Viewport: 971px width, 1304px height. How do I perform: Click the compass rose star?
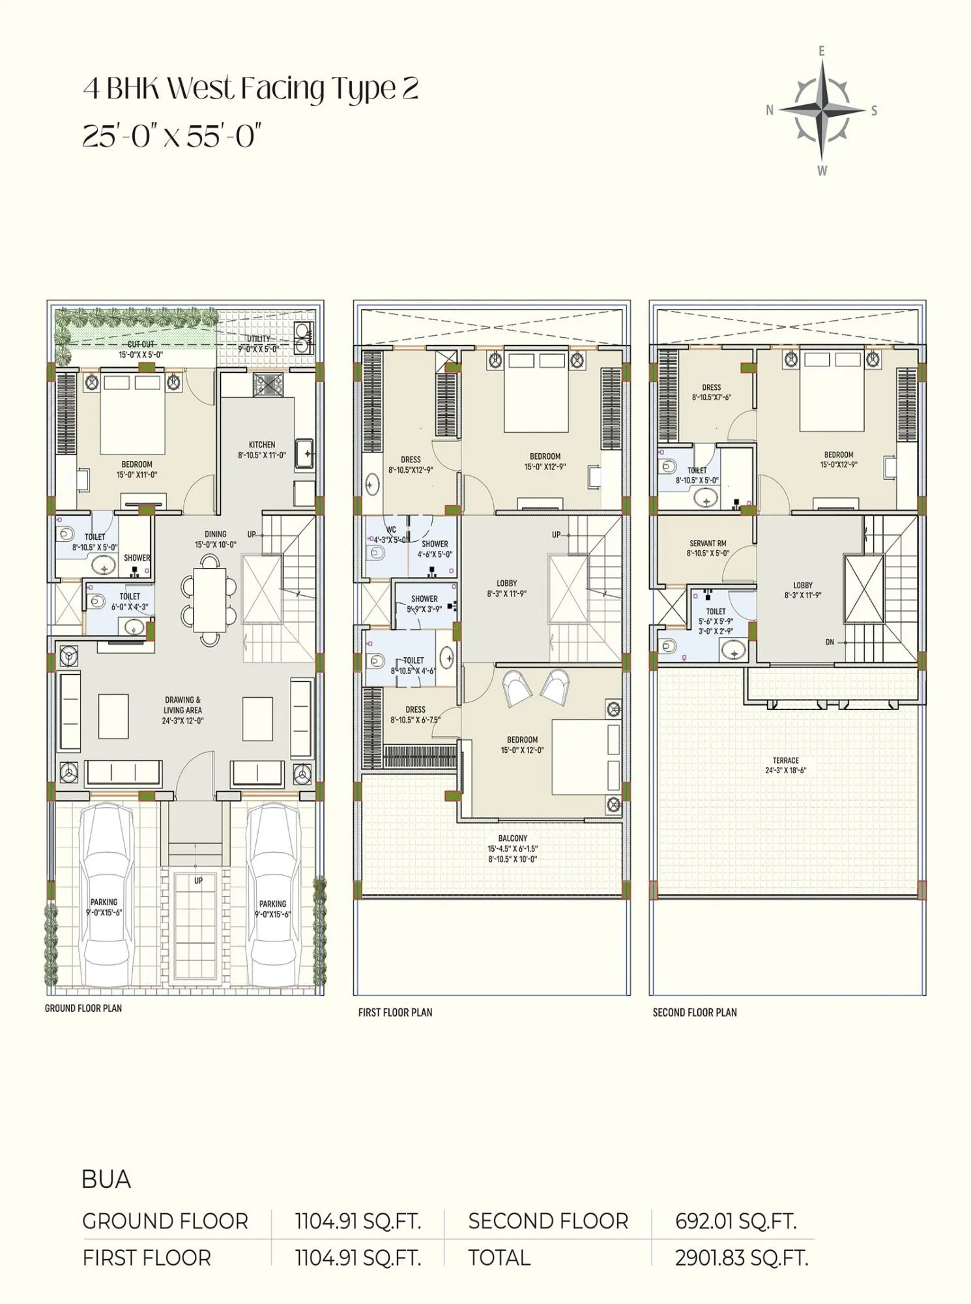pyautogui.click(x=822, y=110)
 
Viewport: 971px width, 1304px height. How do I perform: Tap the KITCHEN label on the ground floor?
pyautogui.click(x=262, y=445)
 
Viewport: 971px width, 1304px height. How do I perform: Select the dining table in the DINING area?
pyautogui.click(x=209, y=599)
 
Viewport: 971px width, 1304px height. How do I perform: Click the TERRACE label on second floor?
pyautogui.click(x=785, y=760)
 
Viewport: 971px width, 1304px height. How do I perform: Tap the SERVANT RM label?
pyautogui.click(x=708, y=543)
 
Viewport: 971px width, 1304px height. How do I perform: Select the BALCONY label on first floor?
pyautogui.click(x=513, y=838)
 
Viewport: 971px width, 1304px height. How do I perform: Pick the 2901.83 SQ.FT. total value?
pyautogui.click(x=742, y=1258)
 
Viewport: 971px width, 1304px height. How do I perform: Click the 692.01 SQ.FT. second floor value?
pyautogui.click(x=736, y=1221)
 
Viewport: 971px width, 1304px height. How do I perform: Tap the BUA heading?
pyautogui.click(x=106, y=1179)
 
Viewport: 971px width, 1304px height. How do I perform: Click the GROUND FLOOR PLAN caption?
pyautogui.click(x=83, y=1008)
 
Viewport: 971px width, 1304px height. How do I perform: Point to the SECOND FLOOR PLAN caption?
pyautogui.click(x=695, y=1013)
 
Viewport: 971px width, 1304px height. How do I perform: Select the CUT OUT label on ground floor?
pyautogui.click(x=141, y=344)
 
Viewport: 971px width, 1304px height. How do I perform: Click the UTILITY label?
pyautogui.click(x=258, y=339)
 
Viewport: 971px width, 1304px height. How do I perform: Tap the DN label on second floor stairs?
pyautogui.click(x=830, y=642)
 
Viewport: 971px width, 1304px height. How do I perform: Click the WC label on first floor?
pyautogui.click(x=391, y=529)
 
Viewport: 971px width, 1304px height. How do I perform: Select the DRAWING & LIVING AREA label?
pyautogui.click(x=183, y=705)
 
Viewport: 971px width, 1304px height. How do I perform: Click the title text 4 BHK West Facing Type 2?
pyautogui.click(x=250, y=89)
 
